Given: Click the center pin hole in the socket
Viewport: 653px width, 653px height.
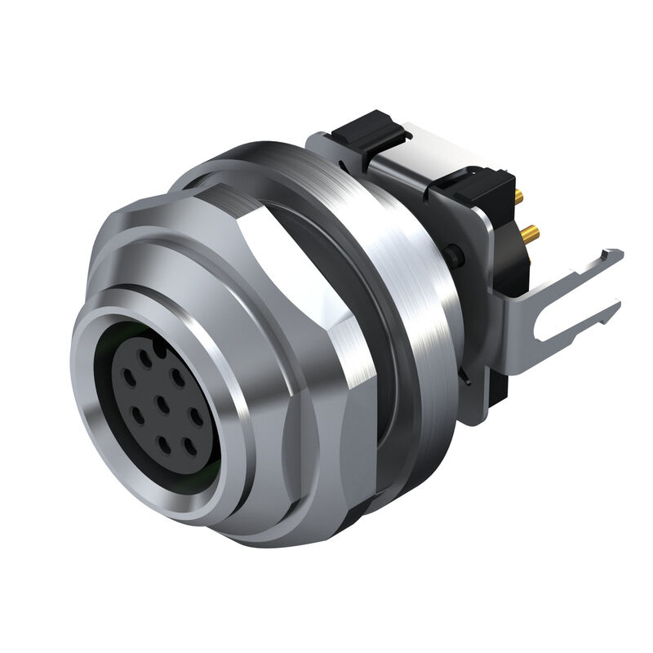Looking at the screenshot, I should pos(164,401).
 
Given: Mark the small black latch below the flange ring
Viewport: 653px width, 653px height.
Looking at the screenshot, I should pos(466,378).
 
